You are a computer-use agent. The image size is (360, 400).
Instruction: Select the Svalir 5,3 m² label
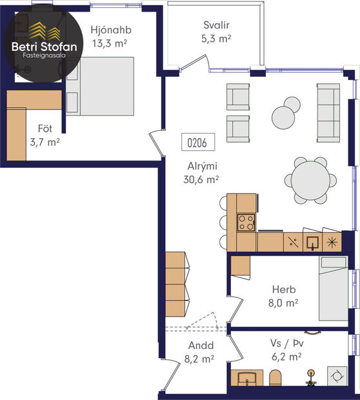click(215, 32)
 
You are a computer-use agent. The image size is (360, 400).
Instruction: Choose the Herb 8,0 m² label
click(284, 295)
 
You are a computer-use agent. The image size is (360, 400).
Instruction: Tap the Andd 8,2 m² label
click(201, 352)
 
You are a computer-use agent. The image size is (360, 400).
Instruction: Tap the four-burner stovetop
click(246, 222)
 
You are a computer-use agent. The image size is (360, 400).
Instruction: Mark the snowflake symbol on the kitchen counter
click(332, 243)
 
